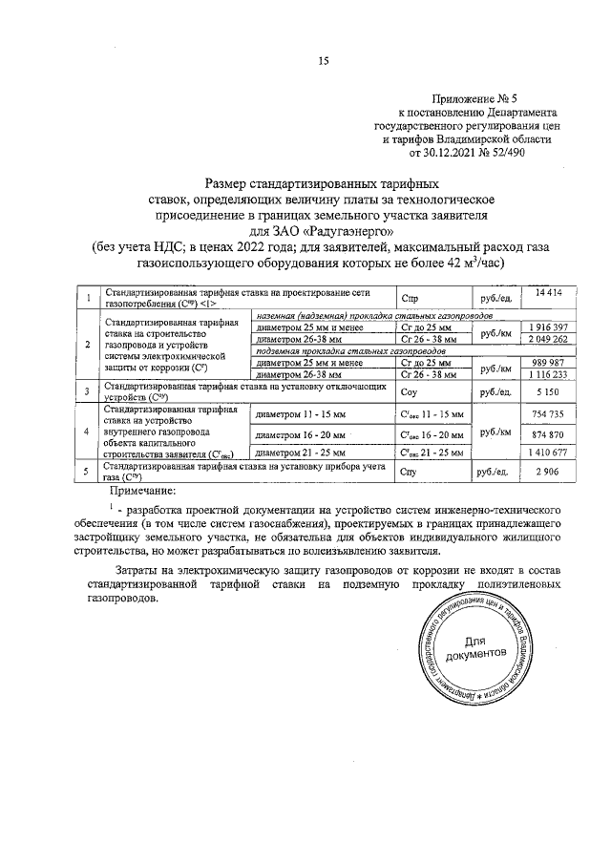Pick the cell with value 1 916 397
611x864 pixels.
[x=549, y=327]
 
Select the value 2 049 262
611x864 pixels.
[x=549, y=339]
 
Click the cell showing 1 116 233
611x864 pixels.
[x=549, y=375]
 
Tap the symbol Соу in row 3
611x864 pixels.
[x=411, y=392]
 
